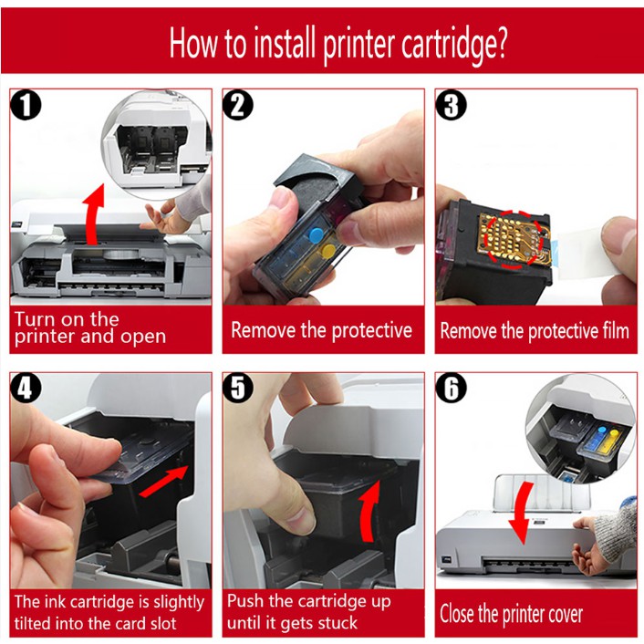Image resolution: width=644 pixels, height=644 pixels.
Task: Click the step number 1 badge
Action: tap(26, 105)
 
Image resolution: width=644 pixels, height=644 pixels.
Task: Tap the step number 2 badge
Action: tap(238, 105)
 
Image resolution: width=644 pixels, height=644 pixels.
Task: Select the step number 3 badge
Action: tap(451, 105)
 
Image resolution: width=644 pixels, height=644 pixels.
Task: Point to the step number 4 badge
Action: tap(26, 388)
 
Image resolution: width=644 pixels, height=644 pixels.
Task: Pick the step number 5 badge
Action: tap(238, 388)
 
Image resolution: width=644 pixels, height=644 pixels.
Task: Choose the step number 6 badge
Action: tap(451, 388)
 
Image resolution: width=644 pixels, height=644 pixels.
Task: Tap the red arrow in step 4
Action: tap(163, 482)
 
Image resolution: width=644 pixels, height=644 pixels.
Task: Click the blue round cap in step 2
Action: tap(316, 235)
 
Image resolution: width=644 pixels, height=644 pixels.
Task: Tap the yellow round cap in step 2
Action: tap(327, 251)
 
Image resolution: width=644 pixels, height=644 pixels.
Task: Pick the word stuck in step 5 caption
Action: tap(335, 623)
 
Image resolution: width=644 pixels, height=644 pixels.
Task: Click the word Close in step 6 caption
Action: tap(457, 614)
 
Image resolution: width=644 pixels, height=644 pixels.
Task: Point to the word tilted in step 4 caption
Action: tap(33, 623)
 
